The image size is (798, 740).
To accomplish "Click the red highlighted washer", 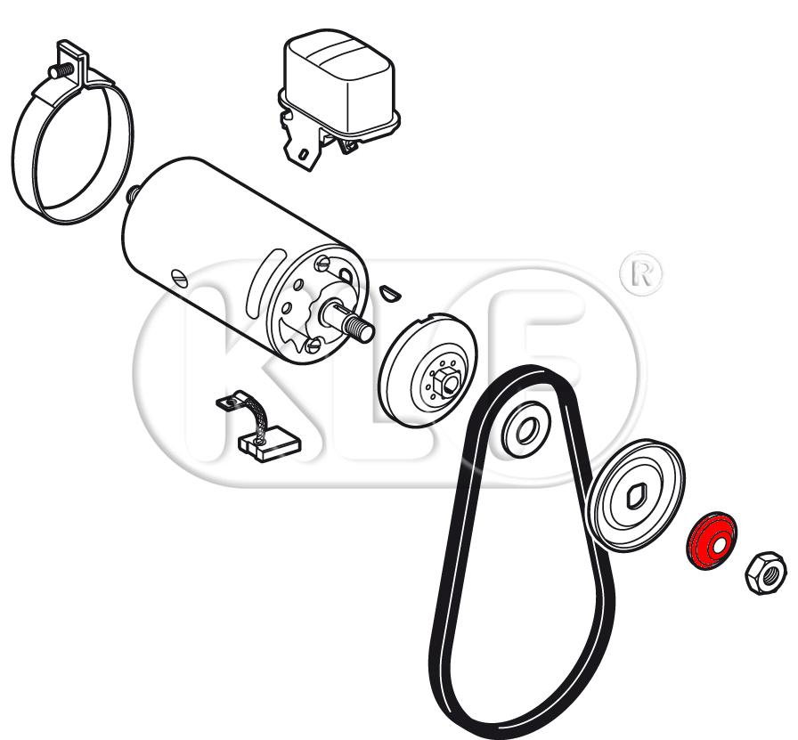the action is [712, 541].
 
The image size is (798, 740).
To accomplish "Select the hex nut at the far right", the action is [766, 573].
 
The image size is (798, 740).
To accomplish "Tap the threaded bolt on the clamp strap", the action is [60, 72].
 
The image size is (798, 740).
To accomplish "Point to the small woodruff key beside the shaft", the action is [391, 293].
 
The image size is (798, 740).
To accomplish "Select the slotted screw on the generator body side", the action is [179, 278].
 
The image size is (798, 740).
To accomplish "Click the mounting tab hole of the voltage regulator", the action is [303, 154].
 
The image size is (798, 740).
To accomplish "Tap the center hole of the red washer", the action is [719, 547].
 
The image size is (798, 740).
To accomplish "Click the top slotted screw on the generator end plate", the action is [322, 264].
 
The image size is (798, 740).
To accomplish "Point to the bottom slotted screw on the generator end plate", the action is [312, 346].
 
